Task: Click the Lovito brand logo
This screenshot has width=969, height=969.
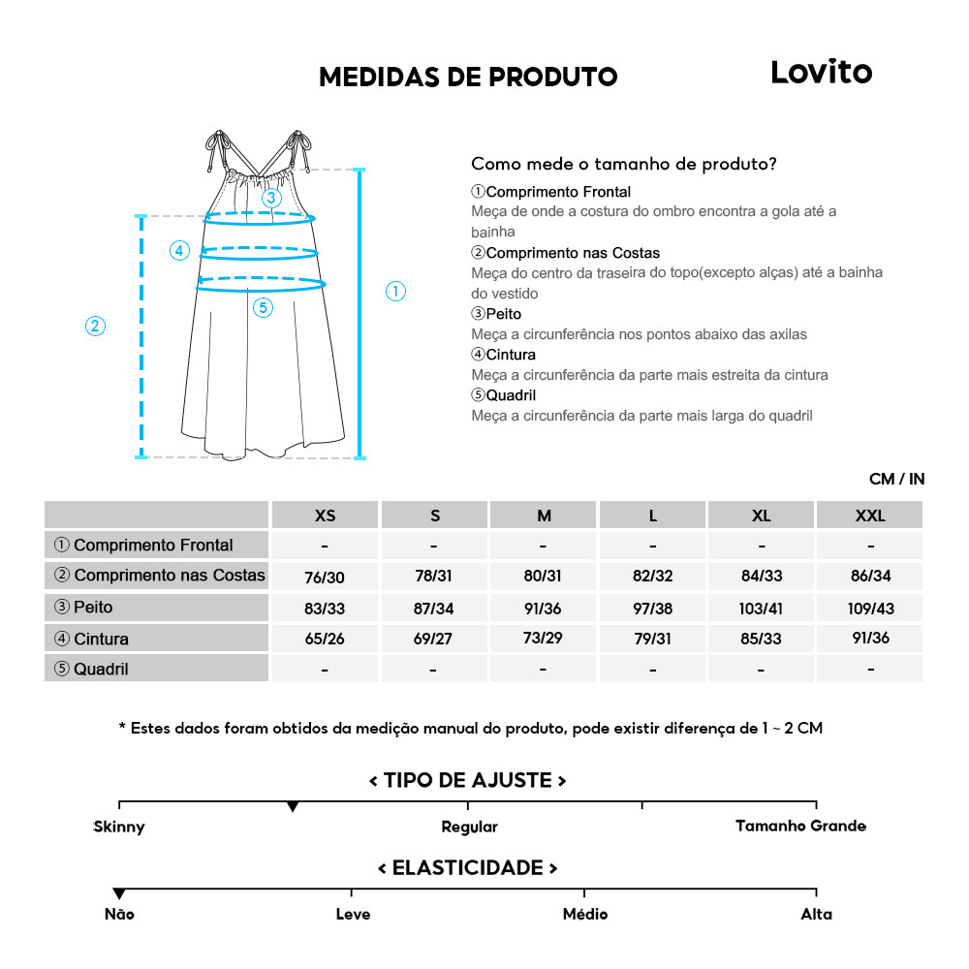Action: click(x=821, y=73)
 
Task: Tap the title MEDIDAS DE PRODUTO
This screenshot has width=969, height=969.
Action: click(x=468, y=78)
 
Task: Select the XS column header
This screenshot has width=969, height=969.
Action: click(x=326, y=516)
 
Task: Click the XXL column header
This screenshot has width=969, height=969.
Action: click(x=869, y=516)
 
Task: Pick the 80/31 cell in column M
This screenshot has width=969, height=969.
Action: click(x=543, y=577)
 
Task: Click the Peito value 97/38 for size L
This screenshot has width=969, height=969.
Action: click(x=652, y=609)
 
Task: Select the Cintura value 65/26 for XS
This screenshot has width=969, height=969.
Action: click(x=325, y=640)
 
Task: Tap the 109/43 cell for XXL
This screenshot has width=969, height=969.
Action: click(x=869, y=609)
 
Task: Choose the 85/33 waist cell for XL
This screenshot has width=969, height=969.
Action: click(x=761, y=640)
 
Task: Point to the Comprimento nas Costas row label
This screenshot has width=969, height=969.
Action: click(x=160, y=576)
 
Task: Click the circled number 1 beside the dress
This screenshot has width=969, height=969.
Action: click(x=395, y=291)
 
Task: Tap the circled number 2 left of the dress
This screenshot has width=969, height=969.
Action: click(x=95, y=326)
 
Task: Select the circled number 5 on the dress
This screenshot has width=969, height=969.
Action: click(x=264, y=308)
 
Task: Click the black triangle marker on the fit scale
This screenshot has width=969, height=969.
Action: click(x=293, y=807)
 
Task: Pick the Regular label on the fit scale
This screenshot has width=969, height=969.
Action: click(x=469, y=828)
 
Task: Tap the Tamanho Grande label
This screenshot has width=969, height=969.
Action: click(x=800, y=827)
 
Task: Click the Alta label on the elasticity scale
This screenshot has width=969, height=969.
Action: click(x=816, y=914)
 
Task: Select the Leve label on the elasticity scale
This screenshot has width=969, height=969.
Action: click(x=353, y=914)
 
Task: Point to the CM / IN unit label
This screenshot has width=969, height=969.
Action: click(x=896, y=479)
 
